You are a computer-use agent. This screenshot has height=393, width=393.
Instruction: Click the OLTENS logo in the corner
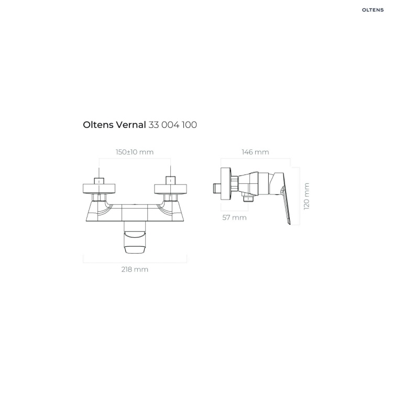click(373, 10)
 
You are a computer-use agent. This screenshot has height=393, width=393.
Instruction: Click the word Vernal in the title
click(130, 125)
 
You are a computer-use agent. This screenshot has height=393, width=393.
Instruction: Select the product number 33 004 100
click(173, 125)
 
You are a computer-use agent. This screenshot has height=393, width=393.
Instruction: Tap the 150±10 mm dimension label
click(135, 152)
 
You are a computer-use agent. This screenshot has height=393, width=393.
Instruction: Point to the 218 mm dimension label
click(135, 269)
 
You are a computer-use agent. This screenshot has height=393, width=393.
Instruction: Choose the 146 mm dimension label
click(255, 152)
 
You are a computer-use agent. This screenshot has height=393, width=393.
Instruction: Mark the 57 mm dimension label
click(235, 217)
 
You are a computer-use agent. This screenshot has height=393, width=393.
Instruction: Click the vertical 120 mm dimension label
click(307, 196)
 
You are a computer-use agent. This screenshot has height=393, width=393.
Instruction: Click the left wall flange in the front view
click(99, 189)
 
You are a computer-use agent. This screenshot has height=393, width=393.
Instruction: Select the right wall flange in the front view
click(170, 189)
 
